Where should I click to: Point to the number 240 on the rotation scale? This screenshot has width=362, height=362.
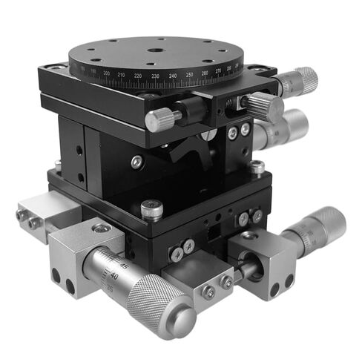tap(173, 76)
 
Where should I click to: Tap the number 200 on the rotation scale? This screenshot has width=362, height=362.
tap(107, 73)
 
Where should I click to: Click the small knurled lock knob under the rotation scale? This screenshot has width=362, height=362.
tap(163, 118)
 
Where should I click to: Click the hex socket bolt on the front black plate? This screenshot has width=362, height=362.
tap(151, 210)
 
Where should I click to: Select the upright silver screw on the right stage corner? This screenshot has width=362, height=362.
tap(257, 168)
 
